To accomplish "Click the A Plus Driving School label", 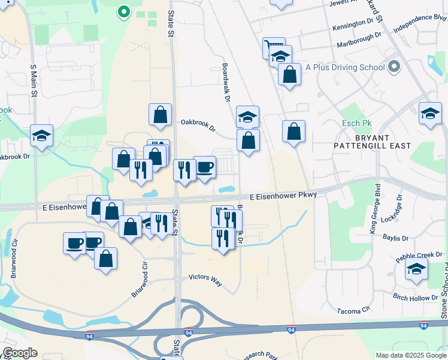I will click(344, 67).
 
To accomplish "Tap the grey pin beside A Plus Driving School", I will click(393, 66).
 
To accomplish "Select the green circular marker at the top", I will click(123, 11).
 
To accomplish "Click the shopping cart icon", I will click(274, 47).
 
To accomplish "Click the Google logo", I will click(20, 353).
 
